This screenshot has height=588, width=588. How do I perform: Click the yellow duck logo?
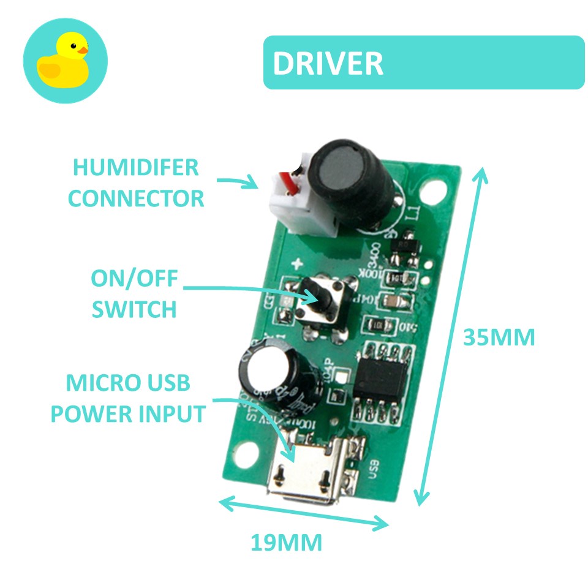64,61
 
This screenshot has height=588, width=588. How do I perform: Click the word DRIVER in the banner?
328,63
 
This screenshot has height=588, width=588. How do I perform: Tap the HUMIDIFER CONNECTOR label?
135,183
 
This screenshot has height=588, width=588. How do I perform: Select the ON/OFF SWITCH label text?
135,294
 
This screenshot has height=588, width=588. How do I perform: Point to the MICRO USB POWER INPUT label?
127,399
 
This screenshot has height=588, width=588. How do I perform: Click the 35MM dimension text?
499,337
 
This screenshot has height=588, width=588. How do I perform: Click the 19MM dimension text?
286,543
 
